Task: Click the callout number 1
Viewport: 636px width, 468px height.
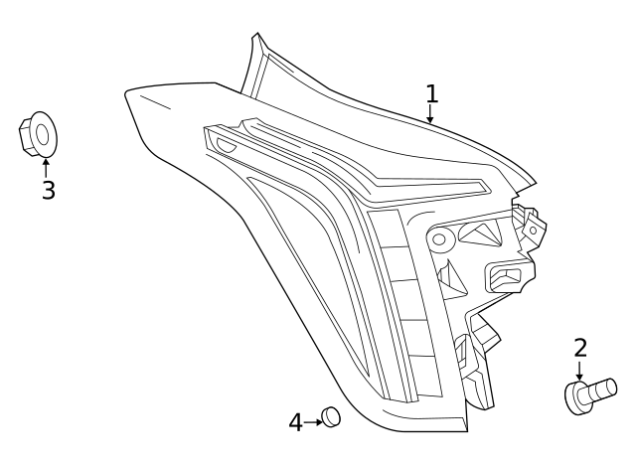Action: tap(431, 94)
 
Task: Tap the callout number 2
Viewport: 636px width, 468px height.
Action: tap(580, 348)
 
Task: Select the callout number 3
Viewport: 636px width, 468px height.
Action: tap(48, 190)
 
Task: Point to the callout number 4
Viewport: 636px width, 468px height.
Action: tap(295, 423)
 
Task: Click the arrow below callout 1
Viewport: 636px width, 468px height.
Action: tap(431, 116)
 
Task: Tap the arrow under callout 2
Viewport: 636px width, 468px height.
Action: tap(580, 371)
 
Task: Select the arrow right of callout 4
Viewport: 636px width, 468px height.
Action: tap(315, 422)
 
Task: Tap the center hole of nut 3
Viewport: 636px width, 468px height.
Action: tap(42, 136)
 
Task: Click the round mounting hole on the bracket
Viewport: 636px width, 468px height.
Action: tap(438, 238)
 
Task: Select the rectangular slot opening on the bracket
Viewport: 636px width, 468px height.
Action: tap(506, 274)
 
